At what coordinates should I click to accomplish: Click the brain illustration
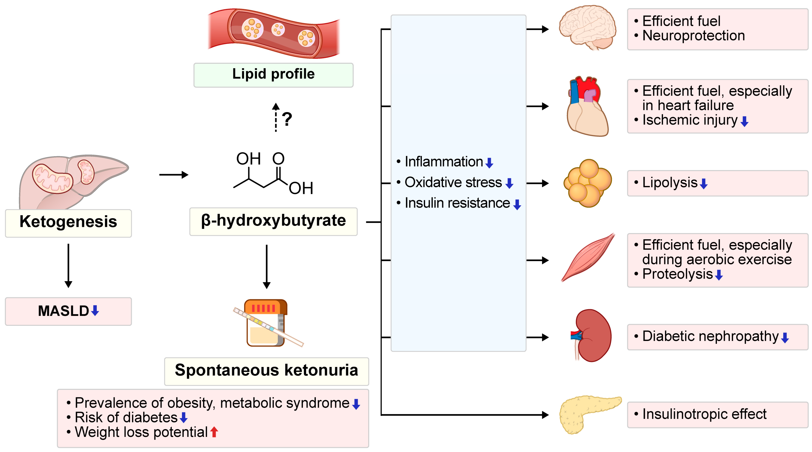tap(588, 28)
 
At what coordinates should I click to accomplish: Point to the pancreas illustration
tap(586, 413)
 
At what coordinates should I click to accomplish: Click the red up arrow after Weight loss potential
tap(214, 432)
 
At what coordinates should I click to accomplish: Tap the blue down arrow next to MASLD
tap(95, 311)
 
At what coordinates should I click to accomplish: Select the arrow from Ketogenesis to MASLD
tap(68, 265)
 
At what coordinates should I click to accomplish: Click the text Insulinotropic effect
tap(704, 414)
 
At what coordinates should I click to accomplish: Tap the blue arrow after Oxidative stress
tap(509, 183)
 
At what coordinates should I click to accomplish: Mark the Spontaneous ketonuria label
tap(266, 371)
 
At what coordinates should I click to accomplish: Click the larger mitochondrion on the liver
tap(53, 179)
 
